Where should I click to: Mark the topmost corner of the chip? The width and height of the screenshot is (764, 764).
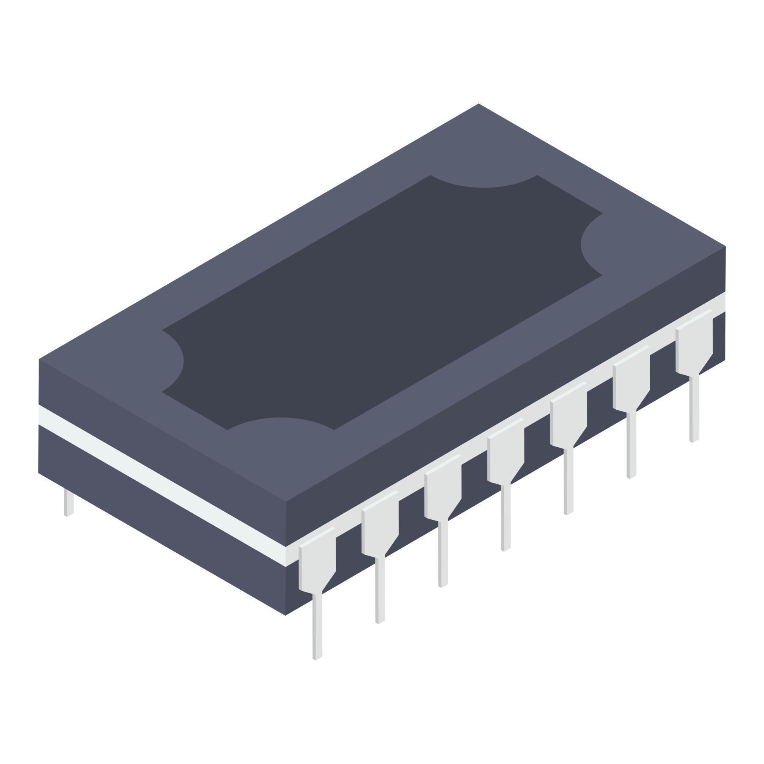coord(478,104)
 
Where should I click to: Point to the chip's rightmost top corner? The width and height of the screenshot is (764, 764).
coord(725,247)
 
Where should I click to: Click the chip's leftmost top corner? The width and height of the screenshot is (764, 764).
coord(39,359)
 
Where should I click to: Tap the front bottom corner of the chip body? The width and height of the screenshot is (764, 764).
coord(285,615)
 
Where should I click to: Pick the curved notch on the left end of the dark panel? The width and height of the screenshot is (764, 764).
coord(172,361)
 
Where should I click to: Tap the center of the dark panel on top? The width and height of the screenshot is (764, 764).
coord(382,302)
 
